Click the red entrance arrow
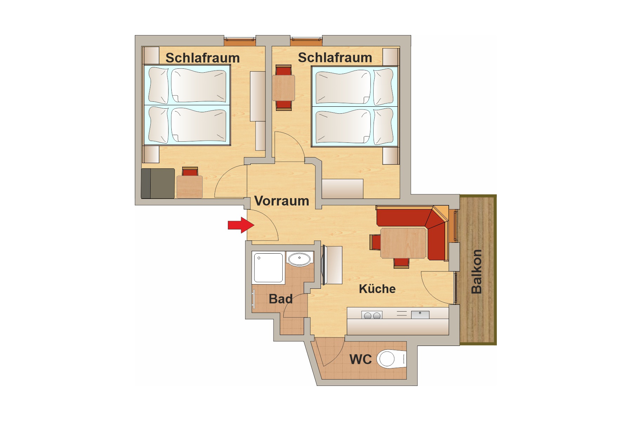pyautogui.click(x=241, y=225)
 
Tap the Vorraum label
pyautogui.click(x=282, y=201)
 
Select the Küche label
pyautogui.click(x=377, y=289)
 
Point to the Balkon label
pyautogui.click(x=476, y=272)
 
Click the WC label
pyautogui.click(x=361, y=360)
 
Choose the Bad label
pyautogui.click(x=281, y=299)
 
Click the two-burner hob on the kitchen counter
pyautogui.click(x=372, y=315)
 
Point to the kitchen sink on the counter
pyautogui.click(x=420, y=314)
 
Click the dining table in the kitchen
pyautogui.click(x=403, y=243)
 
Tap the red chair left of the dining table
pyautogui.click(x=375, y=242)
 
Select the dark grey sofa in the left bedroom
pyautogui.click(x=158, y=183)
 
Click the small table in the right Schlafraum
pyautogui.click(x=283, y=88)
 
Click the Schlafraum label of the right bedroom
pyautogui.click(x=335, y=58)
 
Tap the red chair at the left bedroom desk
pyautogui.click(x=190, y=172)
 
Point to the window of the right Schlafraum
pyautogui.click(x=306, y=41)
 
